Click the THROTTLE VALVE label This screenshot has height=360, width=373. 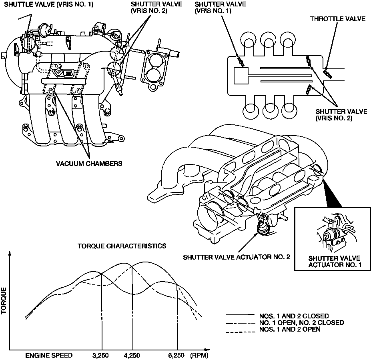tap(337, 18)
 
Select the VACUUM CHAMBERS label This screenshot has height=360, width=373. tap(89, 163)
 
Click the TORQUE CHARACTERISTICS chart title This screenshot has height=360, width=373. tap(122, 246)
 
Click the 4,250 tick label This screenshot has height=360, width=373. tap(132, 355)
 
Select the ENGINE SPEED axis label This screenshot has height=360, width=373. tap(49, 355)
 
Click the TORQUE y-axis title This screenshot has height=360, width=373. tap(4, 301)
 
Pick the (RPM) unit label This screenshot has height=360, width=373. tap(199, 355)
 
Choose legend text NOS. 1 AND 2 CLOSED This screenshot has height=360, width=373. tap(294, 316)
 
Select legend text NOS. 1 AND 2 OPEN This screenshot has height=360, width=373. tap(289, 330)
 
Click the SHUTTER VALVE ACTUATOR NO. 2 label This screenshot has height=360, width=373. tap(236, 257)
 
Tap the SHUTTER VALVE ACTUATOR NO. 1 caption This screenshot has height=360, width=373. tap(334, 262)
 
